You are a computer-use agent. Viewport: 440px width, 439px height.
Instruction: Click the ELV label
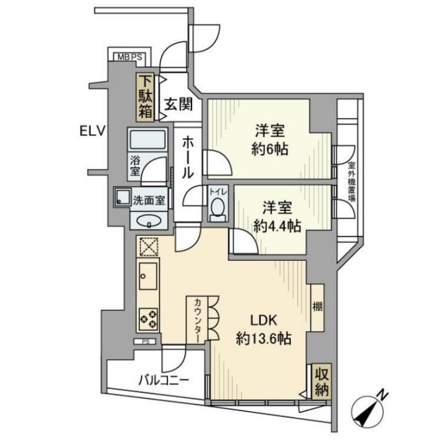(x=92, y=131)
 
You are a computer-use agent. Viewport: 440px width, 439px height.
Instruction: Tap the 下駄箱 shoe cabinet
(x=145, y=97)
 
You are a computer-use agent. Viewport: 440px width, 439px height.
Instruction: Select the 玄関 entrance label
(x=179, y=104)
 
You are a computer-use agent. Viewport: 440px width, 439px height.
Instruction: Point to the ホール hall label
(x=188, y=158)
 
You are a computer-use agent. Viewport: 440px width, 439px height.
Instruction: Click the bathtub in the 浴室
(x=148, y=139)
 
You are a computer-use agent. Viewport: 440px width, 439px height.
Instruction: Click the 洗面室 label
(x=149, y=200)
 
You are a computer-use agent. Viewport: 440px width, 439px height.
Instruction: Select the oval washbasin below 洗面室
(x=148, y=221)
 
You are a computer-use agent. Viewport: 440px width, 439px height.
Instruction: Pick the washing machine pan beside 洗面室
(x=122, y=197)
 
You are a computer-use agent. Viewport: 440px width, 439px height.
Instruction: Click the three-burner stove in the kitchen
(x=148, y=319)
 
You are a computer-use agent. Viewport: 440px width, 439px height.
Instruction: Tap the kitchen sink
(x=148, y=276)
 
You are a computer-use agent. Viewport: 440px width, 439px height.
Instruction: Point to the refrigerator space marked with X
(x=148, y=246)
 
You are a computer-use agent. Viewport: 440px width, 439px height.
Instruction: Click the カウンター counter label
(x=197, y=320)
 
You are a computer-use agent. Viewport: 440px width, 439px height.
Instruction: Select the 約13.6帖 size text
(x=264, y=339)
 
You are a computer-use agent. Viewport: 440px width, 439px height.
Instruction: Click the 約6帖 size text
(x=270, y=149)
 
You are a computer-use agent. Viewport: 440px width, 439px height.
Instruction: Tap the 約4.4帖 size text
(x=277, y=226)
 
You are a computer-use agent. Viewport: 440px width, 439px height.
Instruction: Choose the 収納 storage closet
(x=322, y=381)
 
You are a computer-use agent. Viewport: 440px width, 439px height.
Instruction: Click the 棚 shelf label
(x=318, y=307)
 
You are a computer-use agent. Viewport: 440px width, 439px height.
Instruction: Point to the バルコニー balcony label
(x=164, y=381)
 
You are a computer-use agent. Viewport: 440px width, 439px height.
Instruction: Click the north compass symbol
(x=367, y=411)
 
